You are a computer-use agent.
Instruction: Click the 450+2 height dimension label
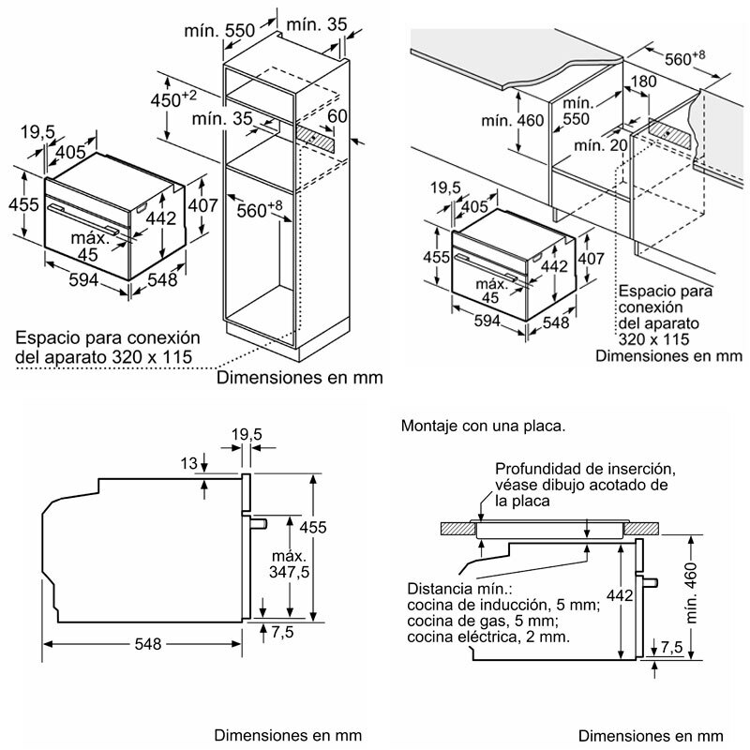point(174,98)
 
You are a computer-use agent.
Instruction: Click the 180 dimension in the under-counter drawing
point(645,82)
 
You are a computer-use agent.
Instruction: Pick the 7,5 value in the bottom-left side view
point(282,633)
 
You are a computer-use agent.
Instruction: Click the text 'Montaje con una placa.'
point(483,425)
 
